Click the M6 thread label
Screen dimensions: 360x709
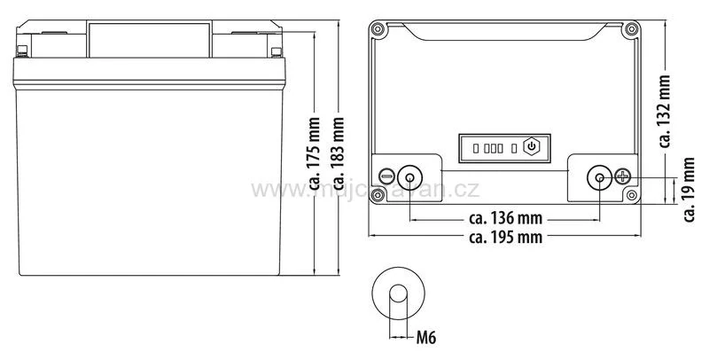pyautogui.click(x=426, y=338)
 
